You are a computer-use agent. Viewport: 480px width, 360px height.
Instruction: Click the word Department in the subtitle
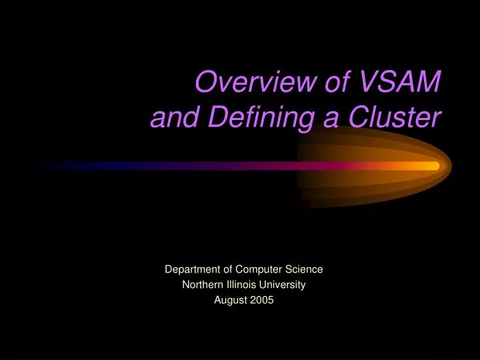click(x=193, y=269)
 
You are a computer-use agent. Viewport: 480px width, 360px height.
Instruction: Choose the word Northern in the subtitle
click(x=202, y=285)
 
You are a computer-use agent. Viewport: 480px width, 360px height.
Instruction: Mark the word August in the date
click(x=229, y=300)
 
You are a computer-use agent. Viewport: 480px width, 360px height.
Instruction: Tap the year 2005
click(x=262, y=300)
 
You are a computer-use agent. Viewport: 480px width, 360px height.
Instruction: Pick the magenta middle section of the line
click(x=267, y=165)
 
